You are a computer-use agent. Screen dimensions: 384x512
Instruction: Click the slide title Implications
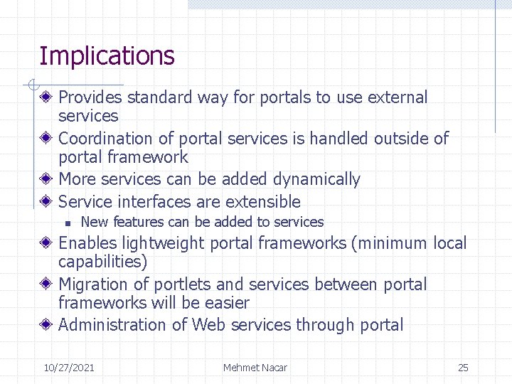[107, 55]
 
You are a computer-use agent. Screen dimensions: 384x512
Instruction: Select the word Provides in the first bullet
[90, 97]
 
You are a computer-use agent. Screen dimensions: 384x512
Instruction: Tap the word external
[398, 97]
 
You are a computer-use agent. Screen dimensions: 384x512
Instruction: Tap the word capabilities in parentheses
[102, 262]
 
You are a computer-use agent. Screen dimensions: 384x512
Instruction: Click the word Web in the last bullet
[211, 326]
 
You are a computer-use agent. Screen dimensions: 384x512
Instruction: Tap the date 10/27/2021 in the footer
[69, 368]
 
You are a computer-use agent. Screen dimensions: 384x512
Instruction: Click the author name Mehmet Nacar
[255, 368]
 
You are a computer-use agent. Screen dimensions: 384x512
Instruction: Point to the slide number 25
[463, 368]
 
